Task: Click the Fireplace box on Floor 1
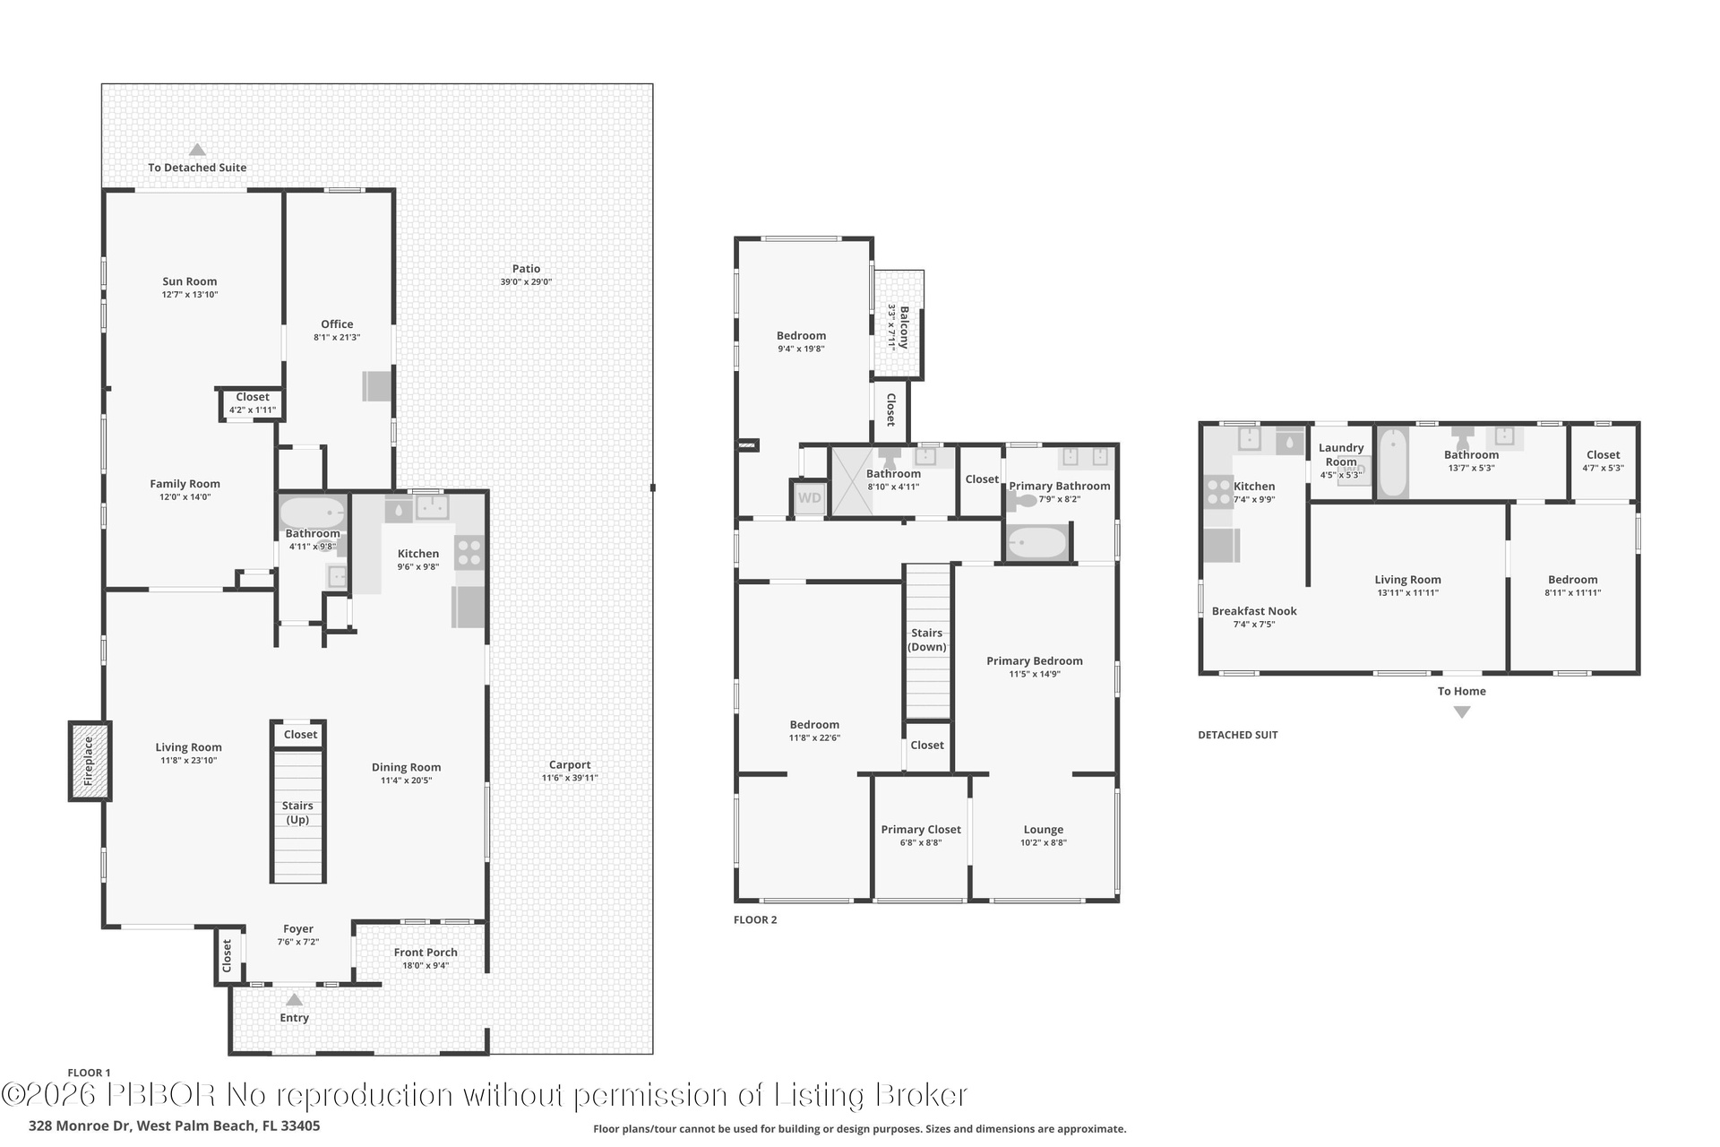point(90,761)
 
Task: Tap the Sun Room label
point(190,281)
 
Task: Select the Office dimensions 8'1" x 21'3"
point(337,338)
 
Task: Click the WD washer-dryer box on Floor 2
point(809,498)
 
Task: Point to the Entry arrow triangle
point(294,999)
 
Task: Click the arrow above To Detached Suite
point(197,151)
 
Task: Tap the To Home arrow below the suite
point(1462,712)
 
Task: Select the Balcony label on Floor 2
point(904,327)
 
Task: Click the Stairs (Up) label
point(297,813)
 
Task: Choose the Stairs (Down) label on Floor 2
point(927,640)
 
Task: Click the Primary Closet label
point(921,830)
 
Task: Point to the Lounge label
point(1044,830)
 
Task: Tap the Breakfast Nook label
point(1254,611)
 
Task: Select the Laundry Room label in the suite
point(1341,455)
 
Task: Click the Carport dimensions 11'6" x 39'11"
point(570,778)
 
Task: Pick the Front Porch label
point(426,953)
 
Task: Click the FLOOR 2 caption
point(755,919)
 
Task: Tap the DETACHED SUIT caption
point(1238,735)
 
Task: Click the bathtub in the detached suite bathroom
point(1393,463)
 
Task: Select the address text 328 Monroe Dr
point(80,1125)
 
